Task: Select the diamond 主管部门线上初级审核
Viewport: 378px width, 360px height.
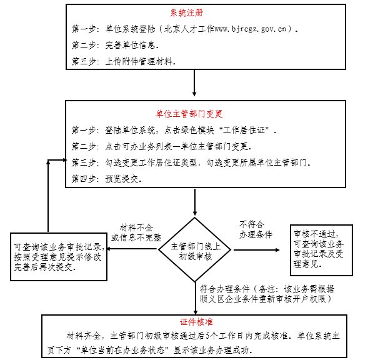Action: pos(195,249)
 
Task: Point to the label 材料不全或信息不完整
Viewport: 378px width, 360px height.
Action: pos(136,232)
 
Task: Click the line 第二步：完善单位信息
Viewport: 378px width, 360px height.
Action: pos(116,45)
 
